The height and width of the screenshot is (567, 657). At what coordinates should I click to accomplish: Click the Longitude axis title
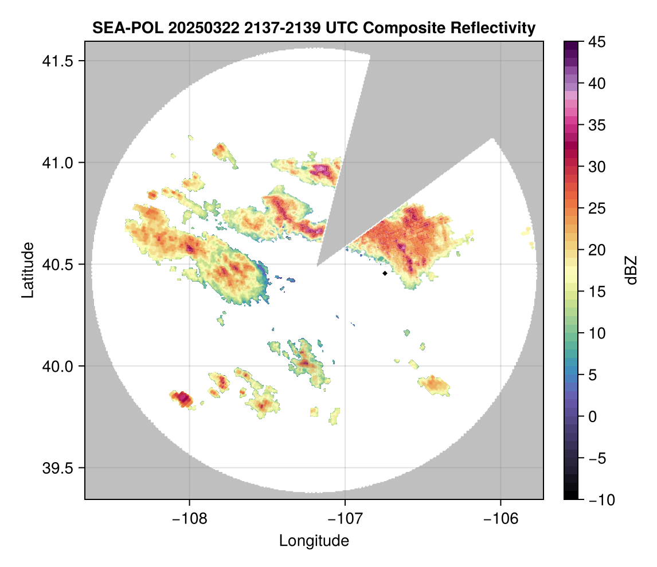pos(314,540)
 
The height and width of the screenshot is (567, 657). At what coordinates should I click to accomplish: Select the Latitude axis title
pos(27,270)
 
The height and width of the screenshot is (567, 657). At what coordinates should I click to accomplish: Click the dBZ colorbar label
pos(631,270)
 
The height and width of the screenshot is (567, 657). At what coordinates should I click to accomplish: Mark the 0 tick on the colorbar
pos(593,416)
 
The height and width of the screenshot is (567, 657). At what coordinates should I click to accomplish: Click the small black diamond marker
pos(385,274)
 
